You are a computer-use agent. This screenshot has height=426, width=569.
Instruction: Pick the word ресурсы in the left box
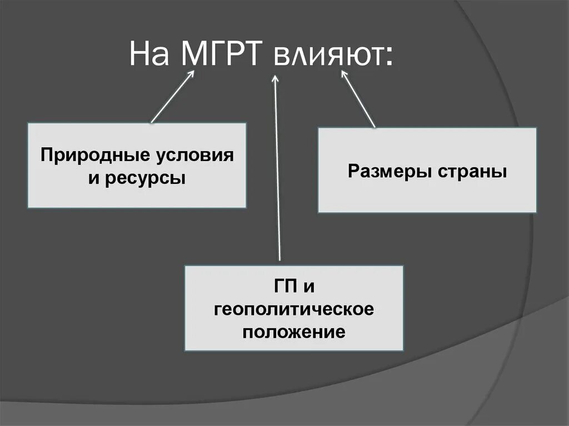pyautogui.click(x=145, y=179)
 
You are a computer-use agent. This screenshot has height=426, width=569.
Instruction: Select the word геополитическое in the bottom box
pyautogui.click(x=294, y=309)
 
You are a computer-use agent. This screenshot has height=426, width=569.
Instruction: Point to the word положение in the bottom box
pyautogui.click(x=294, y=332)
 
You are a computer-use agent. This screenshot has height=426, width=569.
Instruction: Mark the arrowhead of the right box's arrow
pyautogui.click(x=343, y=77)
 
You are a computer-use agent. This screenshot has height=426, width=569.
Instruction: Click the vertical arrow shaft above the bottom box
pyautogui.click(x=278, y=178)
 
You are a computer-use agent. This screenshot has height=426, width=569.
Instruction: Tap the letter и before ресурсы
pyautogui.click(x=92, y=179)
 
